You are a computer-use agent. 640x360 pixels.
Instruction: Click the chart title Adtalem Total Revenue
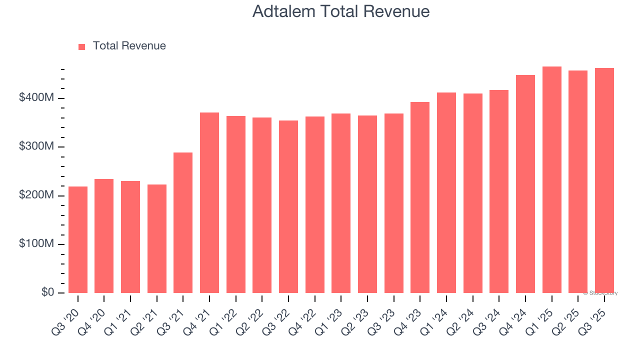click(341, 11)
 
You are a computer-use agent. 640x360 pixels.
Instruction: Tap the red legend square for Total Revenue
click(82, 46)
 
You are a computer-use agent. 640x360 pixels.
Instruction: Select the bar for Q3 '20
click(78, 239)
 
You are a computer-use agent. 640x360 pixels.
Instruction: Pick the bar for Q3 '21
click(183, 222)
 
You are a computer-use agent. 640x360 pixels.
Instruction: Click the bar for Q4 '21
click(209, 202)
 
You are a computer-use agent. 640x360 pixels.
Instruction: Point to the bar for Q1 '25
click(552, 179)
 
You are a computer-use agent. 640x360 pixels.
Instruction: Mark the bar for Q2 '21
click(157, 238)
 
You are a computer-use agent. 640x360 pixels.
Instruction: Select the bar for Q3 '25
click(604, 180)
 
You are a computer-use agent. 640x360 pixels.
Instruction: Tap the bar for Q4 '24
click(525, 184)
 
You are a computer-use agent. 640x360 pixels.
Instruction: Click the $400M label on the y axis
click(36, 98)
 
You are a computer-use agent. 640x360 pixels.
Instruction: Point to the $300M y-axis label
click(36, 147)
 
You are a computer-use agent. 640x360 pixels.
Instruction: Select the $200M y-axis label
click(36, 195)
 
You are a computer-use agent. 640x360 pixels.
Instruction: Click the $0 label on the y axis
click(48, 292)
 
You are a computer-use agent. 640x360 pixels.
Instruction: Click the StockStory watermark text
click(600, 293)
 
